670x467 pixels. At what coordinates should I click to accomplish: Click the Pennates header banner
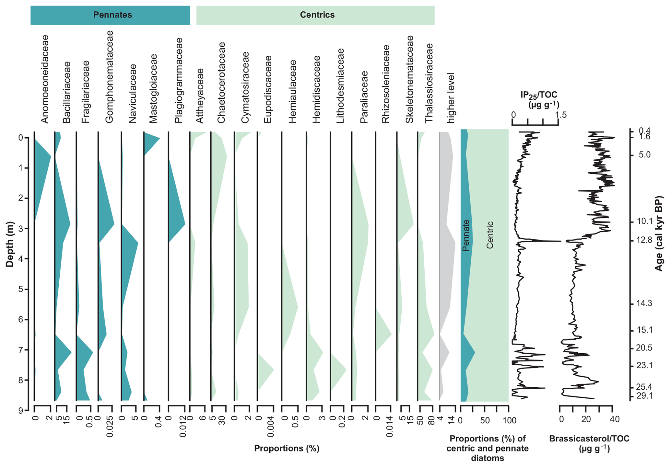[110, 15]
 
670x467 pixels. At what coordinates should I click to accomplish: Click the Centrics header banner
[315, 15]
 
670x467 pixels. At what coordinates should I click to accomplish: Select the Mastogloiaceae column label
[153, 88]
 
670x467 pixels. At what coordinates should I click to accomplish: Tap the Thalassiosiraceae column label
[429, 83]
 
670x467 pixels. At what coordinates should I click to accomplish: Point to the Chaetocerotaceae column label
[221, 83]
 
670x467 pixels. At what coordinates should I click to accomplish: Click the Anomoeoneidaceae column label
[45, 79]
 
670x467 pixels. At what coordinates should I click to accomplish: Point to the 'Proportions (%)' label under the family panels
[287, 448]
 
